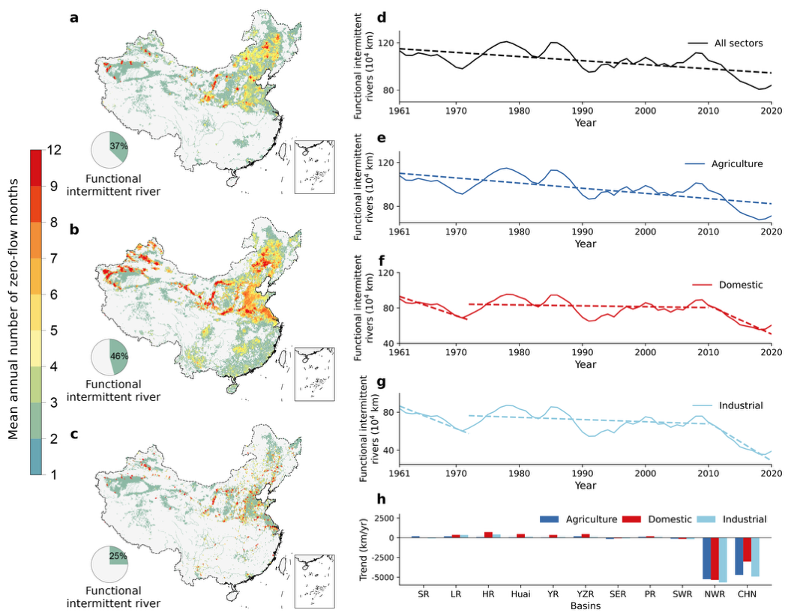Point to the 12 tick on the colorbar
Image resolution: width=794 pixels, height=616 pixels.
pos(54,150)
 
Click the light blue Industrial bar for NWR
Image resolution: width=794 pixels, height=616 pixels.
pos(723,560)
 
